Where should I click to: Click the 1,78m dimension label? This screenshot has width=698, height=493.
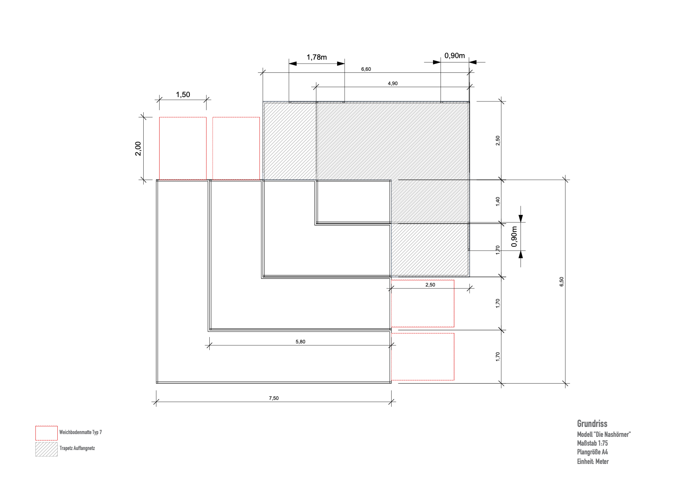coord(316,57)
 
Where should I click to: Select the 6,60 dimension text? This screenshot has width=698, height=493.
coord(366,69)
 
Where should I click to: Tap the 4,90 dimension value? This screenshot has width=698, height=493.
coord(392,84)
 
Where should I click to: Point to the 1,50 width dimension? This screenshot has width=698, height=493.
coord(183,95)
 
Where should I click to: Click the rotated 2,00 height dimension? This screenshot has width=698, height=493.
coord(138,149)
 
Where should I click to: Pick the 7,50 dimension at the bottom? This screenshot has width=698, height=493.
coord(273,398)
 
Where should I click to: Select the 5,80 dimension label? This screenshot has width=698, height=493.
coord(300,342)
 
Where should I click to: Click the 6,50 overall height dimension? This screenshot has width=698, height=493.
coord(562,282)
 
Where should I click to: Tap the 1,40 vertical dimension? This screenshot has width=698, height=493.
coord(497,201)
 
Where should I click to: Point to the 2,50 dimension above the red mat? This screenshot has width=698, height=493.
coord(430,285)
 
